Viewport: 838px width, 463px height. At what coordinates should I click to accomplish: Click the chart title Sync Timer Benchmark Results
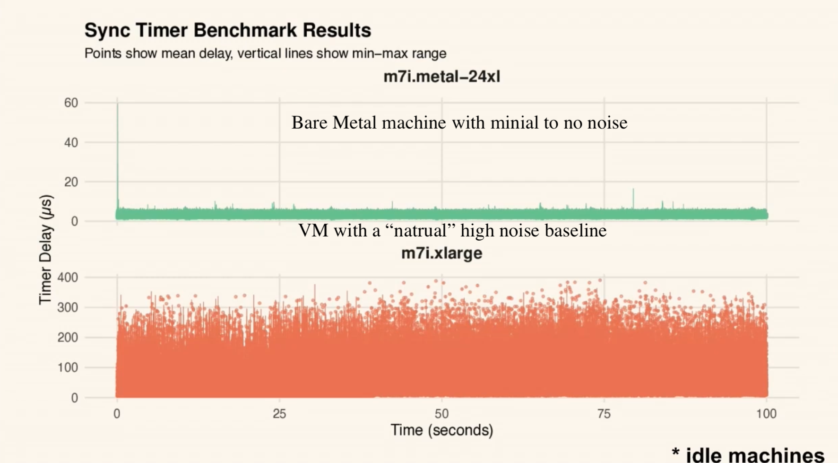[x=227, y=30]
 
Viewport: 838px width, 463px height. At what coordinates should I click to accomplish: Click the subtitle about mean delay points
[x=265, y=53]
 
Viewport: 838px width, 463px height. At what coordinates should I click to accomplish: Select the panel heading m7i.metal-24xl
[x=441, y=77]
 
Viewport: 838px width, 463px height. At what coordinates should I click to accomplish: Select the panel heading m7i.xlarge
[x=441, y=253]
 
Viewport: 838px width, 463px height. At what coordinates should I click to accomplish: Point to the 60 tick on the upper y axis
[x=71, y=103]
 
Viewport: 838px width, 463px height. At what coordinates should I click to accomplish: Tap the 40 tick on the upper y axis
[x=71, y=142]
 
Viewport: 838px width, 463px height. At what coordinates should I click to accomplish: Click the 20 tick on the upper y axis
[x=71, y=182]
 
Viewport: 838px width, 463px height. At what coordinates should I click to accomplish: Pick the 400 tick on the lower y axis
[x=68, y=277]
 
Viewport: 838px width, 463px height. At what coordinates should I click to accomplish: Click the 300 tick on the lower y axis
[x=68, y=307]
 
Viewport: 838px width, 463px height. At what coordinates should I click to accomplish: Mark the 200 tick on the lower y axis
[x=68, y=338]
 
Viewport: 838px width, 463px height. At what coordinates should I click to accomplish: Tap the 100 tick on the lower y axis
[x=68, y=367]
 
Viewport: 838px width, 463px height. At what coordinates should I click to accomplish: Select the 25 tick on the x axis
[x=279, y=414]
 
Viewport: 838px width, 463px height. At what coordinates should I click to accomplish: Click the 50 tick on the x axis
[x=441, y=414]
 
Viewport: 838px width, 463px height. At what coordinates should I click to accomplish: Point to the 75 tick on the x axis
[x=604, y=414]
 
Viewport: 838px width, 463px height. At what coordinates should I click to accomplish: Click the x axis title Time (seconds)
[x=441, y=430]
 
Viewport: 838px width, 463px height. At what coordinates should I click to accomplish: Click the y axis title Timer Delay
[x=45, y=249]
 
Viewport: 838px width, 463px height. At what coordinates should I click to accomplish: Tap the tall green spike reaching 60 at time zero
[x=118, y=142]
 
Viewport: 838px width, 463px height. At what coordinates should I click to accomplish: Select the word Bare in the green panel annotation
[x=310, y=123]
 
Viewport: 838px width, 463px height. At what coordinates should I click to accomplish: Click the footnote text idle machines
[x=754, y=455]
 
